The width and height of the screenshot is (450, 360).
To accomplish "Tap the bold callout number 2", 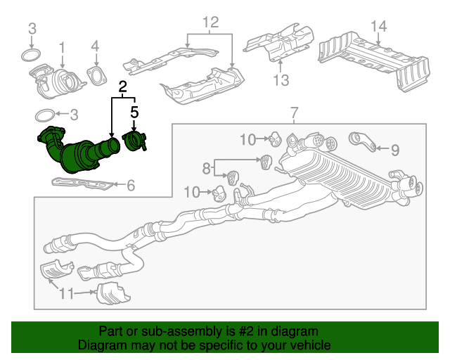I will (123, 88).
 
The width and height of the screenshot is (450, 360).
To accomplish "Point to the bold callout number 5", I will (134, 111).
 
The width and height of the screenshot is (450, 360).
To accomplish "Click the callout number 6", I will (130, 186).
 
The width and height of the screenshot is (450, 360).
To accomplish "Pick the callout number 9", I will (394, 149).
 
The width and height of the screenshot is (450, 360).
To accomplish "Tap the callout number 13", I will (281, 80).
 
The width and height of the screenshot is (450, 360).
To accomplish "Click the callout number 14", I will (379, 27).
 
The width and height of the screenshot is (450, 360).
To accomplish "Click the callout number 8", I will (206, 169).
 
